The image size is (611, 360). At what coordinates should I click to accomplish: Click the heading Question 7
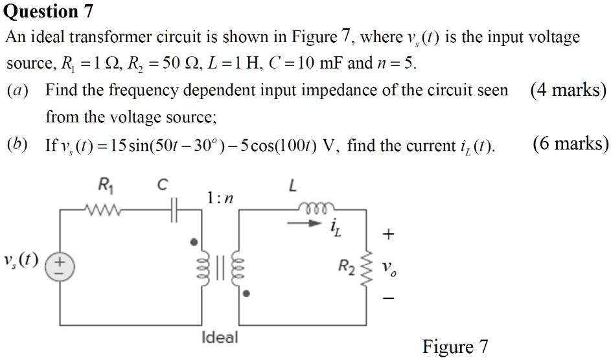(x=49, y=11)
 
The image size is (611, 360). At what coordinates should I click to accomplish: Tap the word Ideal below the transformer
(x=220, y=337)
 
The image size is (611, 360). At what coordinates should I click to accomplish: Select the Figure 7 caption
(x=455, y=347)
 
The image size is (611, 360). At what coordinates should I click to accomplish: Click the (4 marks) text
(x=568, y=90)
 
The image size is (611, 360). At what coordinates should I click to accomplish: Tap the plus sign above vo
(x=387, y=235)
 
